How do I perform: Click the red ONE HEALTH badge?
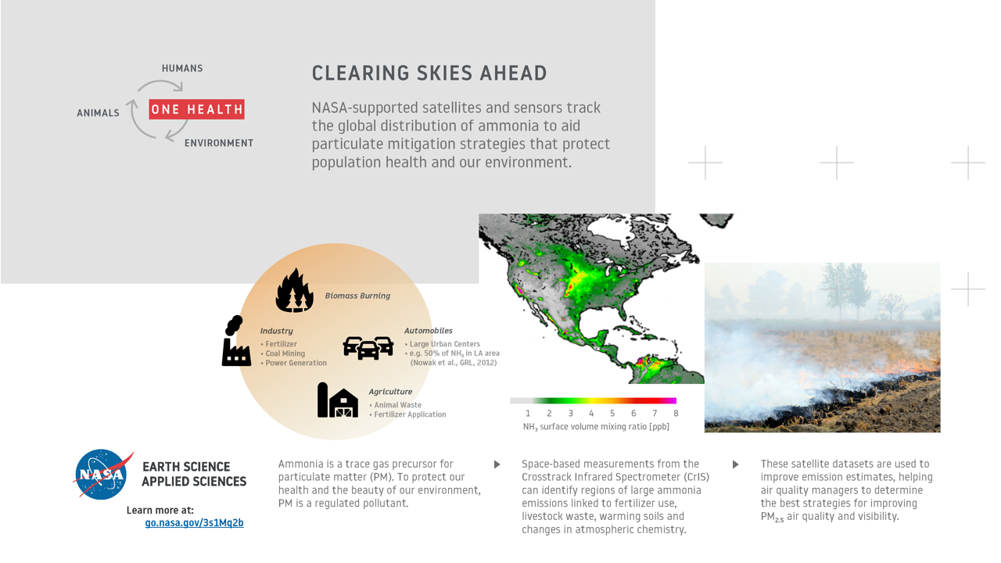tap(196, 109)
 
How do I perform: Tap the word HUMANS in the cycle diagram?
tap(182, 68)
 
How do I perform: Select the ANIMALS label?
tap(98, 113)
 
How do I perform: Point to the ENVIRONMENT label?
tap(219, 143)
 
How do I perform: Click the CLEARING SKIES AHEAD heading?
tap(429, 74)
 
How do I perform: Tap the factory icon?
tap(236, 341)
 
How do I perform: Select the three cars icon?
tap(368, 348)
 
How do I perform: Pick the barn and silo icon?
tap(338, 400)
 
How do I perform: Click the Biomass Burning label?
tap(357, 296)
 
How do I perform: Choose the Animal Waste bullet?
tap(396, 405)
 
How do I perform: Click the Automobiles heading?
tap(428, 331)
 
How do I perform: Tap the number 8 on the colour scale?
tap(676, 414)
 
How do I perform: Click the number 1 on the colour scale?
tap(528, 414)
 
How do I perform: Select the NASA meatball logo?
tap(102, 474)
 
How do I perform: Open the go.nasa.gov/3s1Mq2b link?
tap(195, 523)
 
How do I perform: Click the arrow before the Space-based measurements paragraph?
tap(497, 464)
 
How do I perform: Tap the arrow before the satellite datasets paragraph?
tap(736, 464)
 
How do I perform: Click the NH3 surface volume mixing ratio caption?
tap(596, 427)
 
